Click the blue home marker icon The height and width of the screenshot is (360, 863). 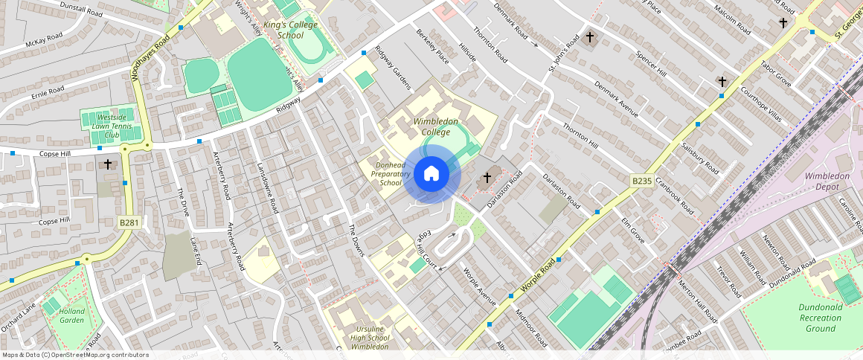tap(431, 175)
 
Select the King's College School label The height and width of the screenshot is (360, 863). tap(280, 30)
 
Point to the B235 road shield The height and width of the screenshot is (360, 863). tap(642, 181)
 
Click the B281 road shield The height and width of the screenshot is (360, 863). tap(129, 222)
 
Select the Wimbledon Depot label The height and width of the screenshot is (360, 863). tap(827, 181)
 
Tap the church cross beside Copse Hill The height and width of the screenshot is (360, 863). tap(108, 163)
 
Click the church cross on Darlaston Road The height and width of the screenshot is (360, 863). tap(487, 177)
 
